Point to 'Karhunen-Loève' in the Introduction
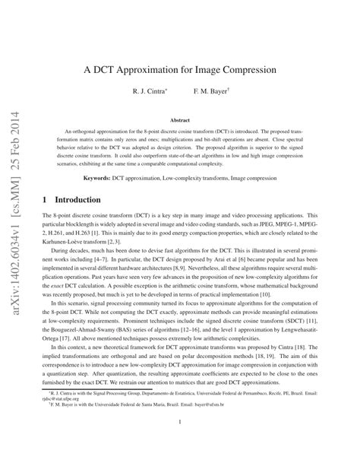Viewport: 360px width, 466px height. click(69, 247)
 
